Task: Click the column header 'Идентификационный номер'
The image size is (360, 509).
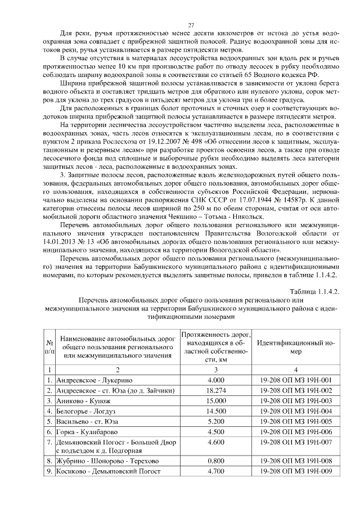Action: pos(296,347)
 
